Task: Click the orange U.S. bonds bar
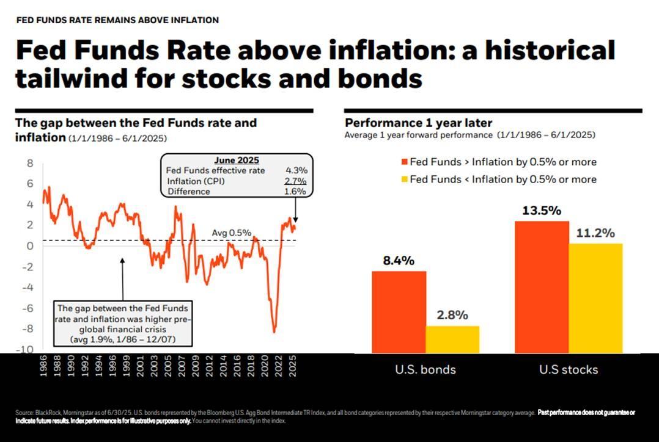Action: point(399,311)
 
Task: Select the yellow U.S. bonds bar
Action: point(452,339)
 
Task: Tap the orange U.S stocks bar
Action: point(542,286)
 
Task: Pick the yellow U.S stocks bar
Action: point(595,298)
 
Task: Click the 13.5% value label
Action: point(542,211)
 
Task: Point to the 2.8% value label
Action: point(452,316)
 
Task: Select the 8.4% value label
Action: point(399,261)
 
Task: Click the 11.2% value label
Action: point(595,233)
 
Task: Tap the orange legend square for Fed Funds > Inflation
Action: point(403,162)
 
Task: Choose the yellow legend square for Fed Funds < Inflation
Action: point(403,179)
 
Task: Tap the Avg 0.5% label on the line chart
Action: point(231,233)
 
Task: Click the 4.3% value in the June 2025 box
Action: point(296,170)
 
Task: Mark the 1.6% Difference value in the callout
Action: point(296,191)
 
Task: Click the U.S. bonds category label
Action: point(425,369)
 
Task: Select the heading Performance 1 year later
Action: point(418,123)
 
